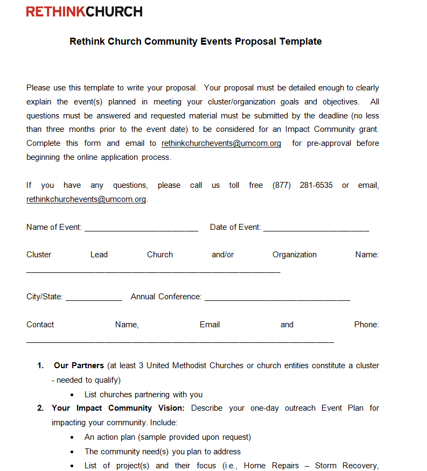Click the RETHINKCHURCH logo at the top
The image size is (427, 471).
[85, 11]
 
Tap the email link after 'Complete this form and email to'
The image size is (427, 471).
[221, 143]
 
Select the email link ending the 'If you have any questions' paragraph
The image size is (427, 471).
[86, 199]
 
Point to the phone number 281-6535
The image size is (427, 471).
[316, 185]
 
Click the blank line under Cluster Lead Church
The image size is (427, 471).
[153, 271]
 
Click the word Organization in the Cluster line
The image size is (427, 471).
[295, 255]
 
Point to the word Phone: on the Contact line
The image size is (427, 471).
[366, 325]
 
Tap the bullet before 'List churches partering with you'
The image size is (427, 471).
[73, 395]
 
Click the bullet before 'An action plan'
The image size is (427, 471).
[73, 438]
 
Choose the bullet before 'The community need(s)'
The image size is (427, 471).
[73, 452]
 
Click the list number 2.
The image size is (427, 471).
[40, 408]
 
